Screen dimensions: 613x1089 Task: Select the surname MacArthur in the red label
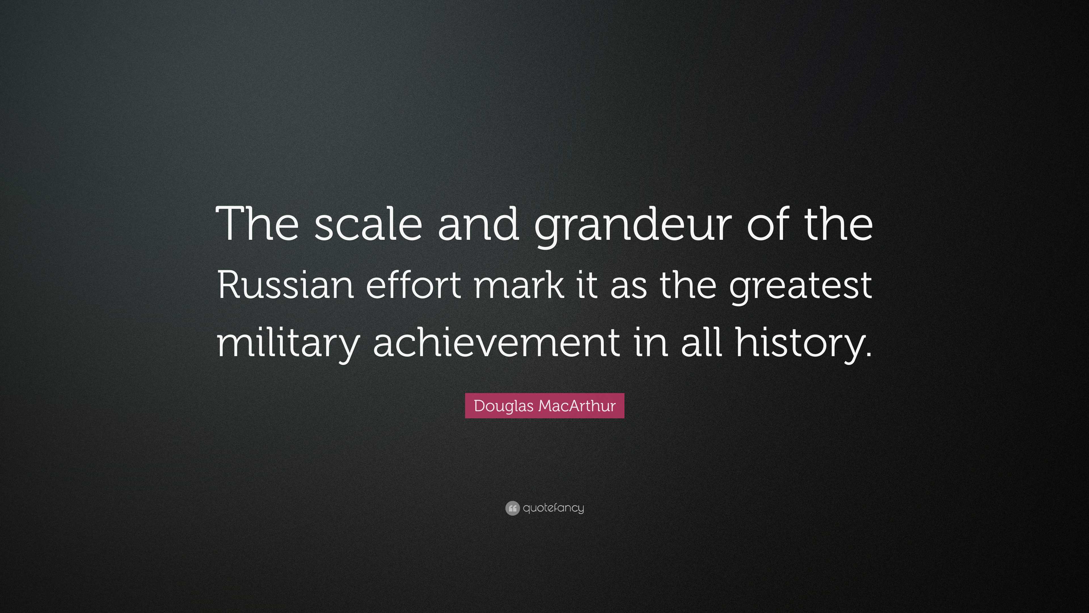[577, 406]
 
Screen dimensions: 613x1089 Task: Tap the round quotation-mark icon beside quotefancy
[512, 508]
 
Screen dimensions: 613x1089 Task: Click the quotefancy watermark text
[553, 508]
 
